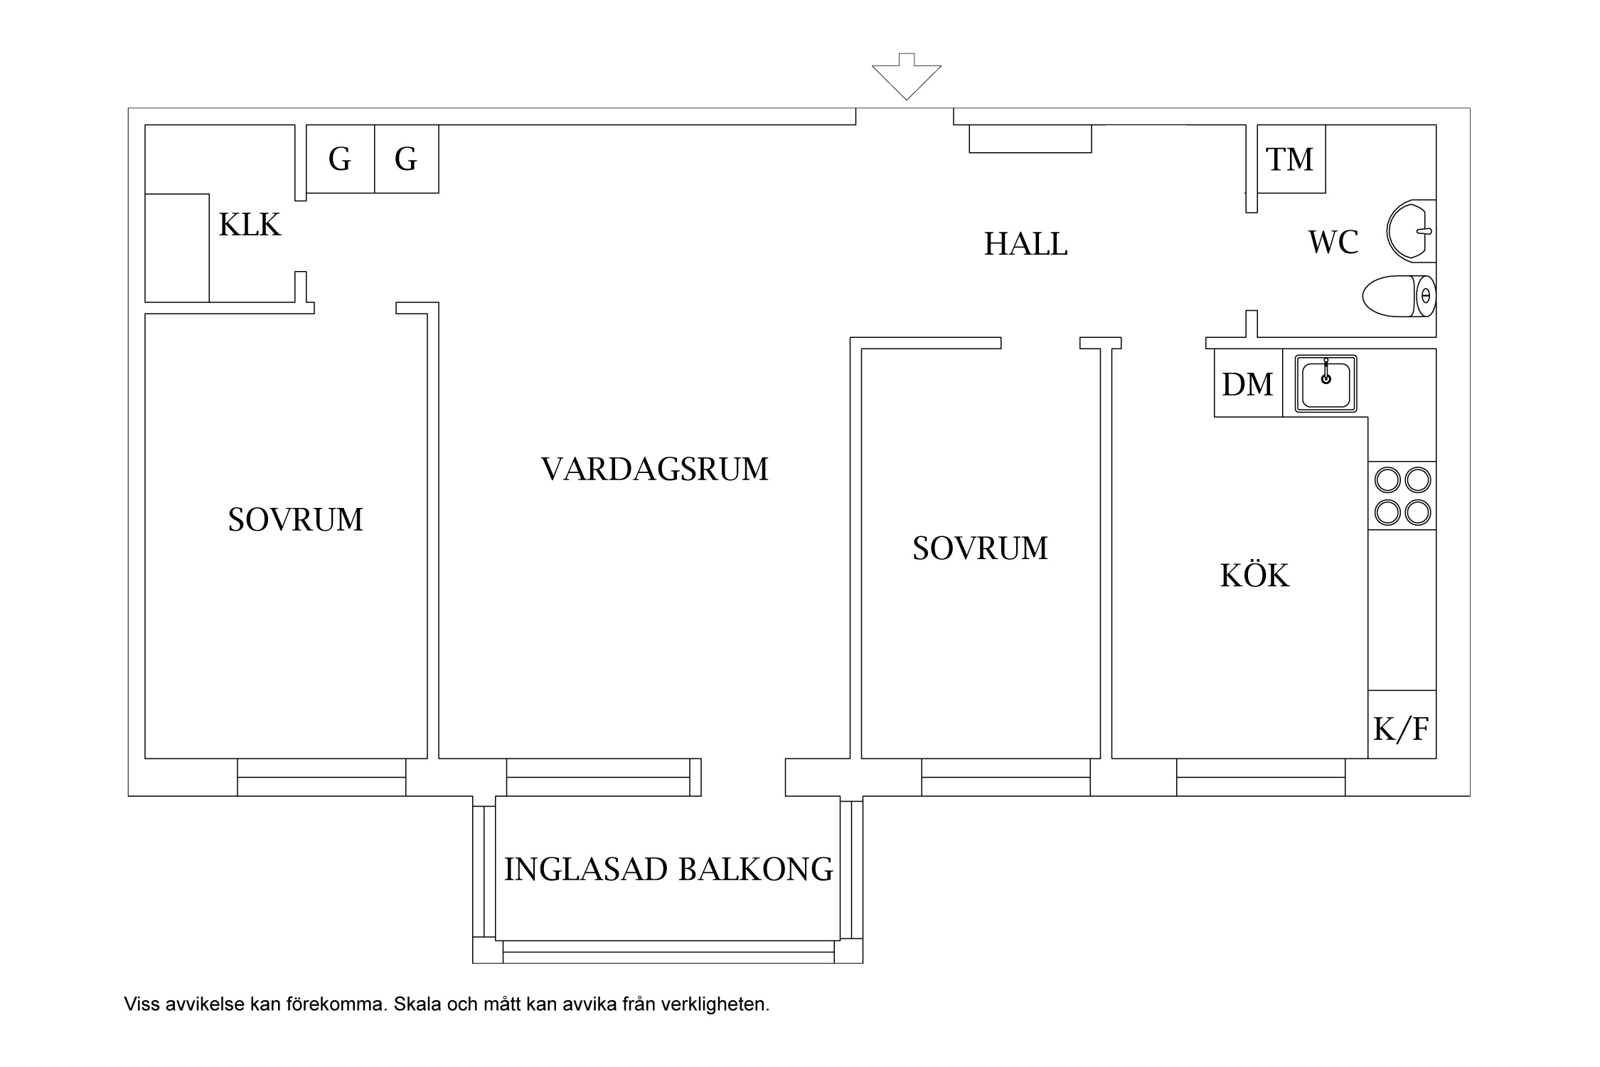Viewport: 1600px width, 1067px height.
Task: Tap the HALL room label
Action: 1025,245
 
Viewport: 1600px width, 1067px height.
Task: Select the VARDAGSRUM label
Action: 654,469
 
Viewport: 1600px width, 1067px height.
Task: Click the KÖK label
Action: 1254,575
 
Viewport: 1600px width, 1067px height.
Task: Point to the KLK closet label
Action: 250,225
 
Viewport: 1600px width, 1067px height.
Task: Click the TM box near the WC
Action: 1290,159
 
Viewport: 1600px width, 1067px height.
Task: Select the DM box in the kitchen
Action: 1247,384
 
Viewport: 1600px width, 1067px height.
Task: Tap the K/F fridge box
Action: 1401,729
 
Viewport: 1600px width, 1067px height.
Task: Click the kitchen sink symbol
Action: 1326,383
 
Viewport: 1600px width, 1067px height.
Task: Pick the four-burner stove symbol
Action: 1402,496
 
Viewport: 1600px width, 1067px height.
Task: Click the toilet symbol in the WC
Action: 1398,296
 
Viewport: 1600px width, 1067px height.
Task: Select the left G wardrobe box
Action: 340,159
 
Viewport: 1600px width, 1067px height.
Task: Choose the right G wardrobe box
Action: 406,159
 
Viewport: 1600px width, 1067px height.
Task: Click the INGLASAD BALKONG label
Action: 668,869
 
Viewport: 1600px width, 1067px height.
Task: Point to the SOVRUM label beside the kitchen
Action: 980,548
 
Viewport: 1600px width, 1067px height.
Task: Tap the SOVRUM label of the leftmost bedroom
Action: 295,520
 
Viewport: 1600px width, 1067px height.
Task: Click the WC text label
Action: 1333,243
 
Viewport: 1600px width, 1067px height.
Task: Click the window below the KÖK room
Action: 1260,777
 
